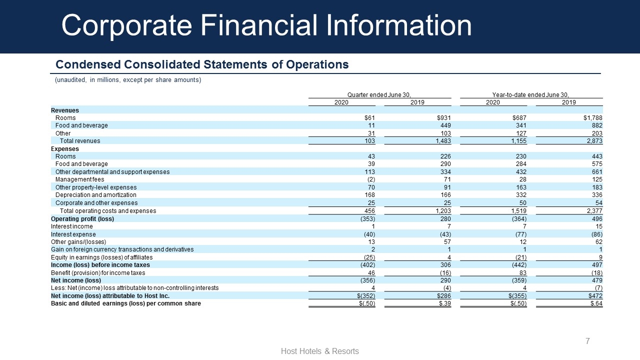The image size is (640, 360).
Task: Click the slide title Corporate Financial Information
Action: point(266,25)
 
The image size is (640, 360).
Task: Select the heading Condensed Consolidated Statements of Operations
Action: point(202,64)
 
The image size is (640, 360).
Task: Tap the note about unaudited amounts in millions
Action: point(128,80)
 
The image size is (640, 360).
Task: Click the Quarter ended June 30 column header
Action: point(379,95)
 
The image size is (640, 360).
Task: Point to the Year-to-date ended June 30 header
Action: point(530,95)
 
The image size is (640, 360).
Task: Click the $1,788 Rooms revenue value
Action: point(593,117)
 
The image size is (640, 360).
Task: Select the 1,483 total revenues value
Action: point(443,141)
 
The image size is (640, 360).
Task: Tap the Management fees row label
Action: point(79,179)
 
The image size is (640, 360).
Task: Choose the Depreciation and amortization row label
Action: point(95,195)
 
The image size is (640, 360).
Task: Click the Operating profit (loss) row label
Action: point(82,219)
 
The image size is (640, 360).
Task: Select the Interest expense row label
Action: point(73,234)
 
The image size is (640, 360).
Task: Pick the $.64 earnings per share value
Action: point(596,303)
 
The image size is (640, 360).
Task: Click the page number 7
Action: point(587,341)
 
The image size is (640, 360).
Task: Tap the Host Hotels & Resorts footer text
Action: point(319,351)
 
